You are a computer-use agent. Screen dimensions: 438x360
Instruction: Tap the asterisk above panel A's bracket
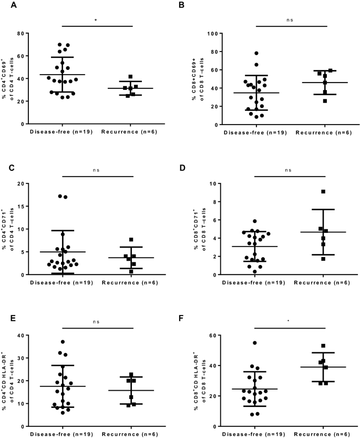[96, 19]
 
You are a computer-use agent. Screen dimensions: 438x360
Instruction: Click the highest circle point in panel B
[256, 53]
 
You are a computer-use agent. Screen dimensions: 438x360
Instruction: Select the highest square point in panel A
[130, 76]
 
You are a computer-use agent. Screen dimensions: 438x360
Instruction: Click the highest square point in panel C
[131, 240]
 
